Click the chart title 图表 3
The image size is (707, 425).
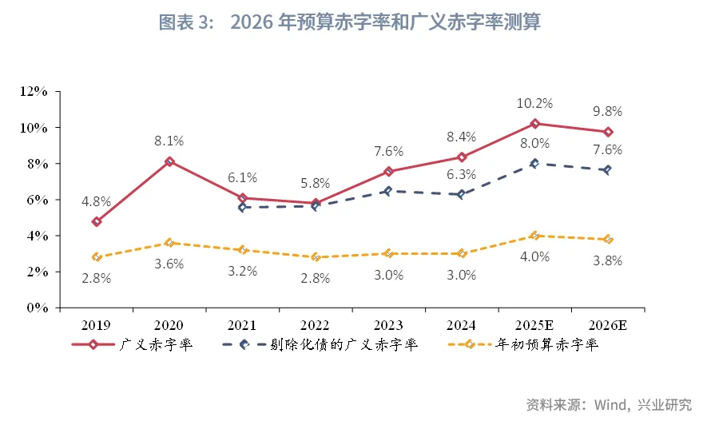[x=350, y=23]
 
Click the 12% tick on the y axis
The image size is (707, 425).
[x=33, y=92]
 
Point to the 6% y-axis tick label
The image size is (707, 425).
[x=37, y=200]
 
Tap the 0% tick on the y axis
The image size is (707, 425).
[x=37, y=308]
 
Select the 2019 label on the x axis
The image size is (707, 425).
[x=96, y=325]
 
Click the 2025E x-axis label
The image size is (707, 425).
[x=534, y=325]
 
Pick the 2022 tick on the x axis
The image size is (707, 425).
[x=316, y=325]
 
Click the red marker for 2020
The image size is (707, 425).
[x=169, y=161]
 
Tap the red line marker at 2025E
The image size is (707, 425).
[x=535, y=124]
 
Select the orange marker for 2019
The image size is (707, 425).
[x=97, y=257]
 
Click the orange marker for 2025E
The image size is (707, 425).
[x=535, y=236]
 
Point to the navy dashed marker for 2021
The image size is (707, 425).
[x=243, y=207]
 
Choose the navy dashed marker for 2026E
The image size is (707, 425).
[x=608, y=170]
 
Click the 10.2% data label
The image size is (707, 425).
[x=535, y=103]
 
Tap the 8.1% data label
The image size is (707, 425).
[x=169, y=141]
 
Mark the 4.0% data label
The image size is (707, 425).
[x=535, y=256]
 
